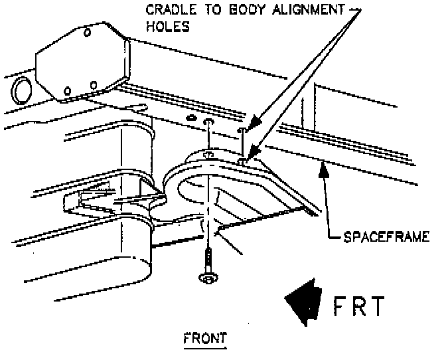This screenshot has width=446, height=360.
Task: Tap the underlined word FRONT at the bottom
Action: [204, 337]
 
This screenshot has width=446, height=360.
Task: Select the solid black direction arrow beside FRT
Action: [304, 303]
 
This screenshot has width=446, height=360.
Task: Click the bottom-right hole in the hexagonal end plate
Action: [94, 84]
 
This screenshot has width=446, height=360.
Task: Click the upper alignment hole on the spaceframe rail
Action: [242, 131]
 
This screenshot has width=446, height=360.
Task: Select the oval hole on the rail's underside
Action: [192, 118]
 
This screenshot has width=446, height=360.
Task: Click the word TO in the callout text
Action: [201, 10]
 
